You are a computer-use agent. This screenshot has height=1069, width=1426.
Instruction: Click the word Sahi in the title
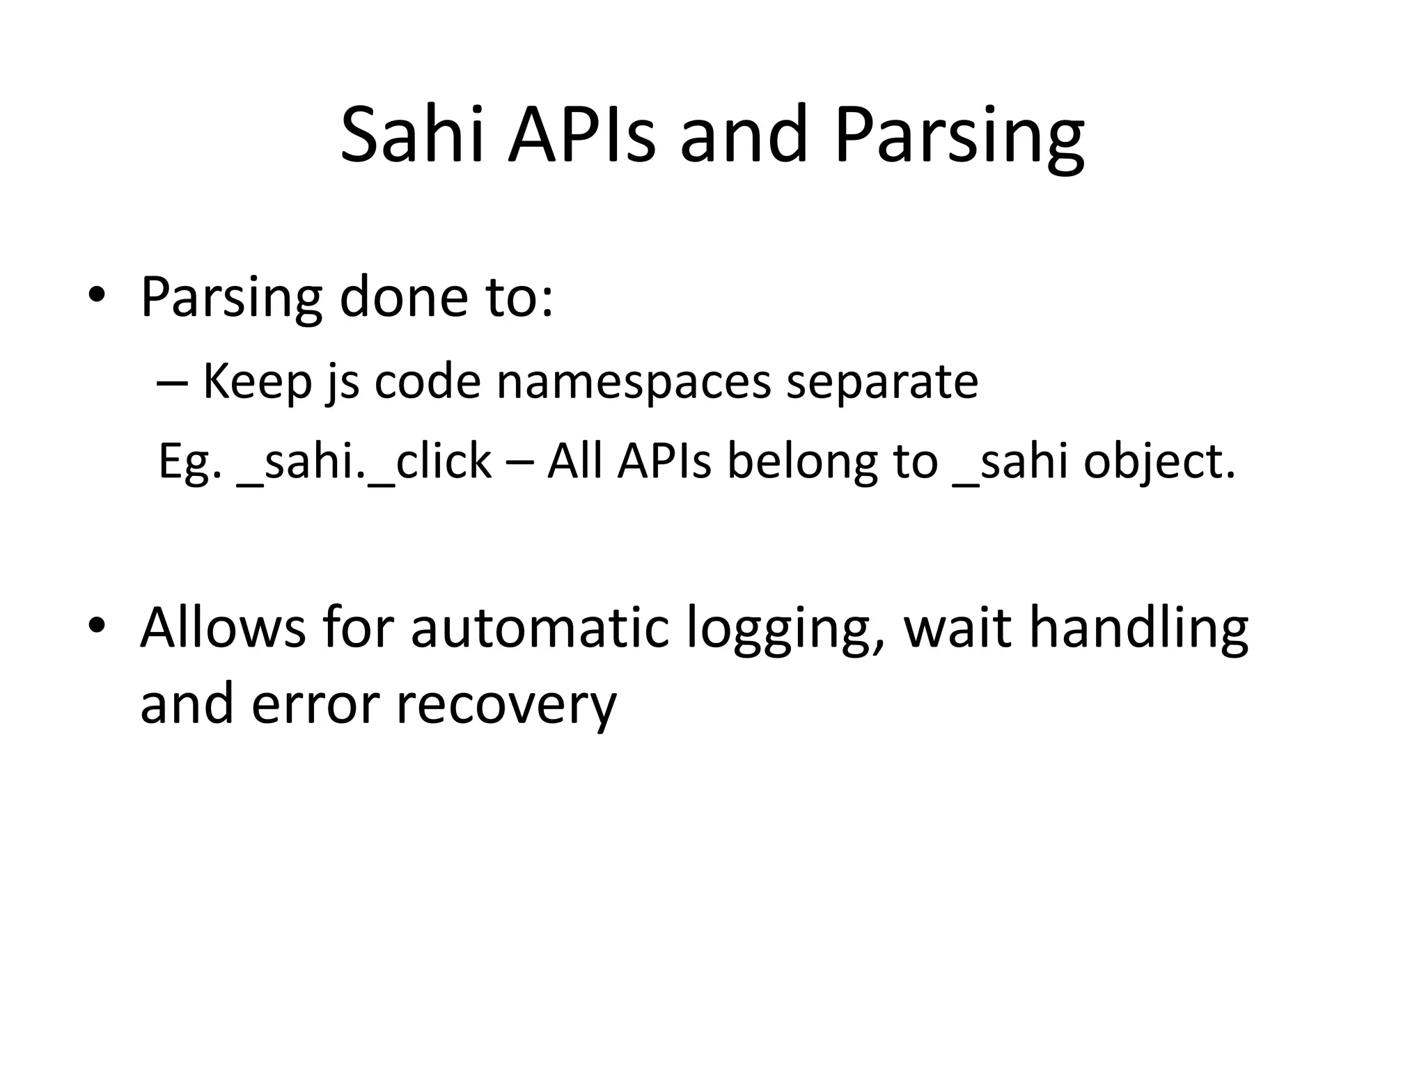tap(412, 135)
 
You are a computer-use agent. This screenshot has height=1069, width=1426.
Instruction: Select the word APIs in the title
tap(581, 135)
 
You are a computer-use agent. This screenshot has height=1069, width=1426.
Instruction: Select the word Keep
tap(256, 381)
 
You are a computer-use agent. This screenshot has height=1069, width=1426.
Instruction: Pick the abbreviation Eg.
tap(189, 462)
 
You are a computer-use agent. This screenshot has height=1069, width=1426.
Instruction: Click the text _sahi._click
tap(363, 462)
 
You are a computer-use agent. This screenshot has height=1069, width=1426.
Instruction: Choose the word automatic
tap(540, 628)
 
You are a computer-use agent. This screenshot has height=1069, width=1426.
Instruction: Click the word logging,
tap(785, 631)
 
